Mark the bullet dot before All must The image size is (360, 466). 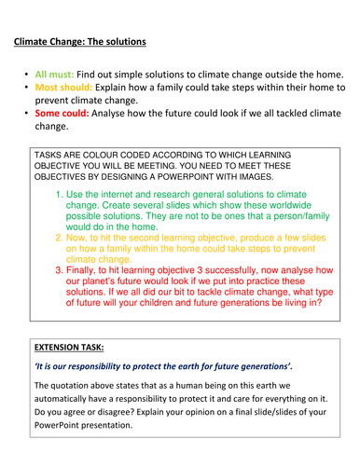[22, 74]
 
